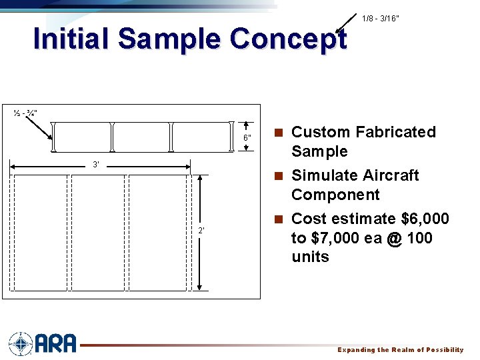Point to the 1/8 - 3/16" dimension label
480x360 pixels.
[380, 19]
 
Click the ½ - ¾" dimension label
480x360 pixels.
[25, 112]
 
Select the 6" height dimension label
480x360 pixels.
[247, 138]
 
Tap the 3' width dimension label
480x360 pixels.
[96, 164]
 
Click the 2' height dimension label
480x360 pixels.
[201, 231]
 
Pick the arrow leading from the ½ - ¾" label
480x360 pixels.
[41, 127]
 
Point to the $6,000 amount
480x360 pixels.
[425, 219]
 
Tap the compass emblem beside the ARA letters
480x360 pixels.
[21, 343]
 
